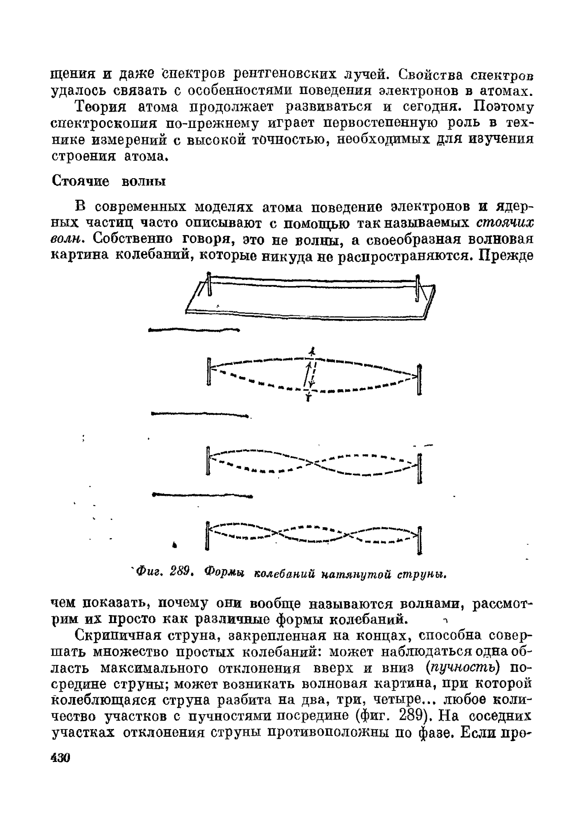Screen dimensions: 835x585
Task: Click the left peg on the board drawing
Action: (x=209, y=284)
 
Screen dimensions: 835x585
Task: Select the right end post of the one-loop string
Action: (x=420, y=380)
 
